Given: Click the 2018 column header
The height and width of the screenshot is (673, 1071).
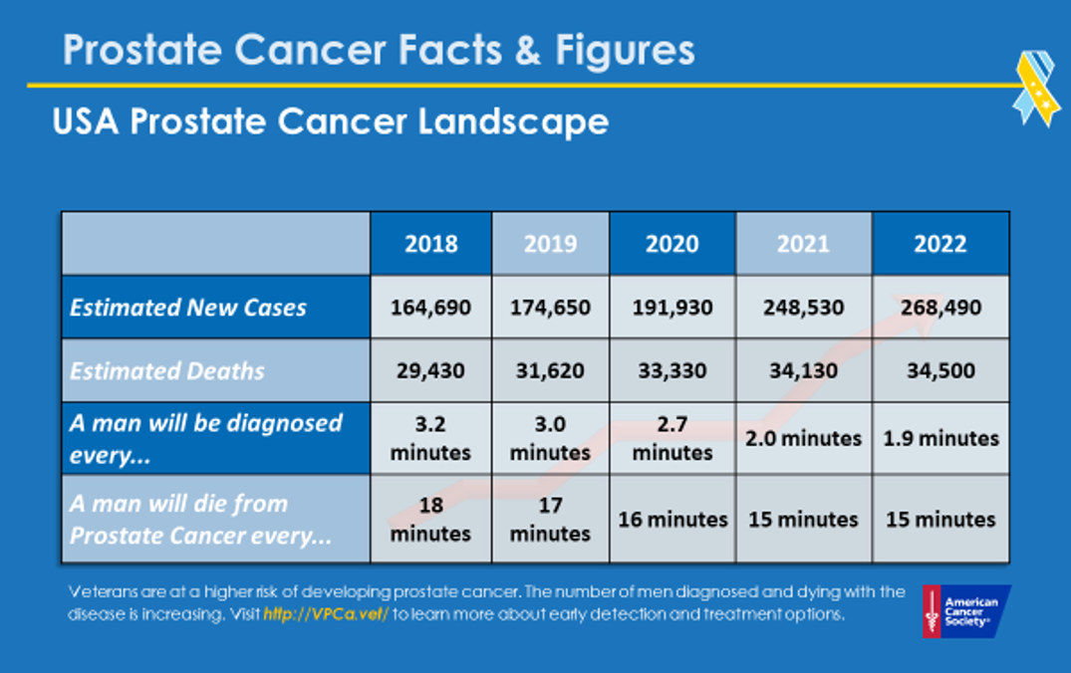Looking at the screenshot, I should coord(430,244).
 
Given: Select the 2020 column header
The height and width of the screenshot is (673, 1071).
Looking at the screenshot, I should coord(672,244).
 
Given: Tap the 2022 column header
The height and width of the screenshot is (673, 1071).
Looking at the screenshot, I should coord(940,244).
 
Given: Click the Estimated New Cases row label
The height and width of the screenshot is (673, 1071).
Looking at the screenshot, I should coord(188,307).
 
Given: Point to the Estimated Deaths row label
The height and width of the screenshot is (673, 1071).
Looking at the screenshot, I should coord(167,371).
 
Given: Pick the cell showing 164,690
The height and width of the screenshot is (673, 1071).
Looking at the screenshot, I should coord(430,307).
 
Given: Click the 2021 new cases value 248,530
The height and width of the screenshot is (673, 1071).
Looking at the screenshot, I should coord(803,307).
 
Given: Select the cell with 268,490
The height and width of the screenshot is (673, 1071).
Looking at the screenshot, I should coord(940,307).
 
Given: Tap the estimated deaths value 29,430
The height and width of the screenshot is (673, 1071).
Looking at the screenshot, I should coord(430,371).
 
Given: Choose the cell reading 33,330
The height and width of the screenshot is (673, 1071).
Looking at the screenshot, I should coord(672,371).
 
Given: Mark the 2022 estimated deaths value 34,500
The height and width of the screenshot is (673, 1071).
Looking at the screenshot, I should coord(940,371).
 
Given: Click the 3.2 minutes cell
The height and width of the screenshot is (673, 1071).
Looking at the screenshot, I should coord(430,438).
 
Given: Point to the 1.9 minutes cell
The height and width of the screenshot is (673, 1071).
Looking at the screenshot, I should coord(940,438).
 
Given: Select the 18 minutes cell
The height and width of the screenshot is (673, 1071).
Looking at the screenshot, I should coord(430,519).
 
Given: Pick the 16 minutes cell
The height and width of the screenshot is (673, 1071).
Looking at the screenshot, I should coord(672,519).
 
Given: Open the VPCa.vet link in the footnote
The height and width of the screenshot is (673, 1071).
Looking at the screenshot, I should coord(325,614).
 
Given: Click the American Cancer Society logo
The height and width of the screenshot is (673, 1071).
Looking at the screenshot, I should coord(965,610).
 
